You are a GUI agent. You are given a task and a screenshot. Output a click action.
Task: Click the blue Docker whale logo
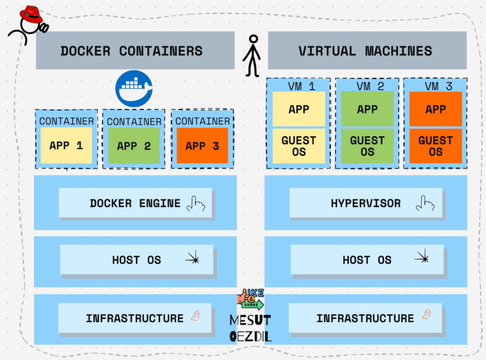point(134,88)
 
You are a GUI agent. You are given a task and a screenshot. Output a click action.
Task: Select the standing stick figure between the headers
point(252,55)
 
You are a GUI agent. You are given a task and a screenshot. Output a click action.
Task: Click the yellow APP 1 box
point(66,145)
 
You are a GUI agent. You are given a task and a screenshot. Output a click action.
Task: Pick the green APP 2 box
point(134,146)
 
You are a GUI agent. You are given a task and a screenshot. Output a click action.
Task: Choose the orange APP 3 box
point(202,145)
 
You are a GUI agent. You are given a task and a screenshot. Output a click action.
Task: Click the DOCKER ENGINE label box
point(135,203)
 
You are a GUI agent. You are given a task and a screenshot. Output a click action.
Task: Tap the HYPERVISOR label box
point(366,203)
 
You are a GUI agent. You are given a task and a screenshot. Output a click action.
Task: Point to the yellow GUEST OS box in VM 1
point(299,146)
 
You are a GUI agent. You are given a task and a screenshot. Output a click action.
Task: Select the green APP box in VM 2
point(367,109)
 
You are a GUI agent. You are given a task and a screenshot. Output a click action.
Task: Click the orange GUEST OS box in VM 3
point(435,146)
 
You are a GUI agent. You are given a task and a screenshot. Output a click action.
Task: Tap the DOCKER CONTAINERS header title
point(131,50)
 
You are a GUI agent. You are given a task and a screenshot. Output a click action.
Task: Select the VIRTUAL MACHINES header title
point(365,50)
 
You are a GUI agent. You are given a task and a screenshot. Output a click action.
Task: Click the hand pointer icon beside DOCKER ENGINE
point(196,203)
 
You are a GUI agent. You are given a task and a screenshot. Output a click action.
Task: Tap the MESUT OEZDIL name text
point(250,328)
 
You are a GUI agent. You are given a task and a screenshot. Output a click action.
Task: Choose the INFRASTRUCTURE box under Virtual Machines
point(365,318)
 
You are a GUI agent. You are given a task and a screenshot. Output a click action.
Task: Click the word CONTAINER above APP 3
point(202,121)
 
